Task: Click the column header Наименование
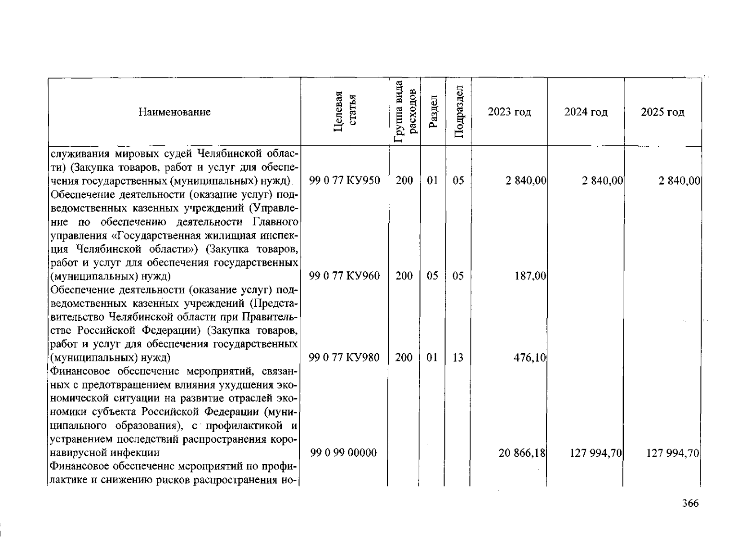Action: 174,112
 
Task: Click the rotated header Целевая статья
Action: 345,112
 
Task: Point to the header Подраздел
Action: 458,112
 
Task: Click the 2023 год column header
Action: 509,112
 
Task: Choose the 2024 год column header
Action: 586,112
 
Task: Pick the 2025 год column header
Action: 662,112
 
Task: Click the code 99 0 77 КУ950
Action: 345,181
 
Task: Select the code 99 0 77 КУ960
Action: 345,276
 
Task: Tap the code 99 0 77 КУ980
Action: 345,358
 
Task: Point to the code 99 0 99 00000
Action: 343,453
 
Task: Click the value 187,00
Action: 530,276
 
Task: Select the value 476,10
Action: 530,358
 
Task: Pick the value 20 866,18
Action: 522,453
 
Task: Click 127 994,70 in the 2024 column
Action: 595,453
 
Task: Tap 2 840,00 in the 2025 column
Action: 679,181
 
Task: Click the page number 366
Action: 690,504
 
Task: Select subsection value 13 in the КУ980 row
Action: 458,358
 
